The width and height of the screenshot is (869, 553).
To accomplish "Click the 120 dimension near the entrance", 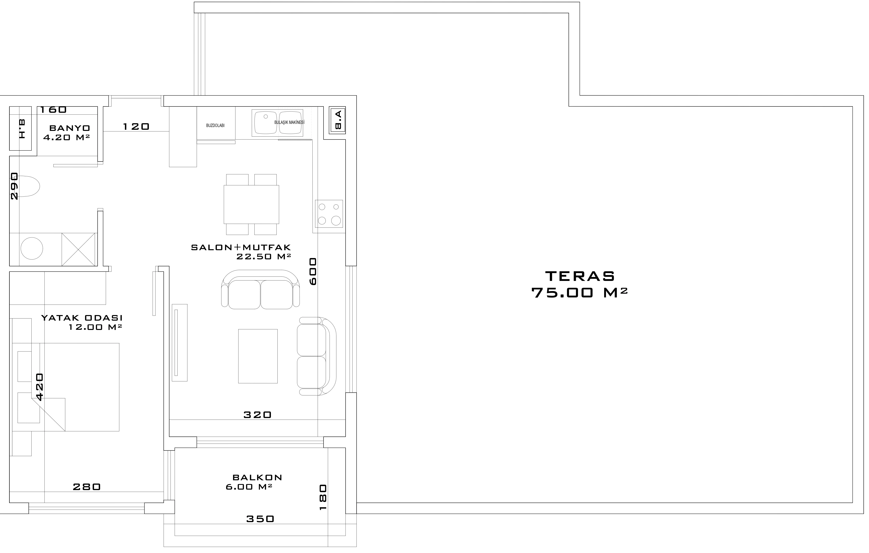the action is tap(136, 126).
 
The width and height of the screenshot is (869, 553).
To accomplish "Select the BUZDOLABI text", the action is tap(215, 126).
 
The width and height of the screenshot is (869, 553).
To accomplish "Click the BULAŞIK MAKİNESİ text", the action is tap(289, 122).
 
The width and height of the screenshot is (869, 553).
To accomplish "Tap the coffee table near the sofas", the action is tap(258, 356).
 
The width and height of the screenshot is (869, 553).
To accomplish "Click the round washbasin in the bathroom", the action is tap(32, 248).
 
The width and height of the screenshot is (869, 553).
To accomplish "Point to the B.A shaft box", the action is tap(338, 120).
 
